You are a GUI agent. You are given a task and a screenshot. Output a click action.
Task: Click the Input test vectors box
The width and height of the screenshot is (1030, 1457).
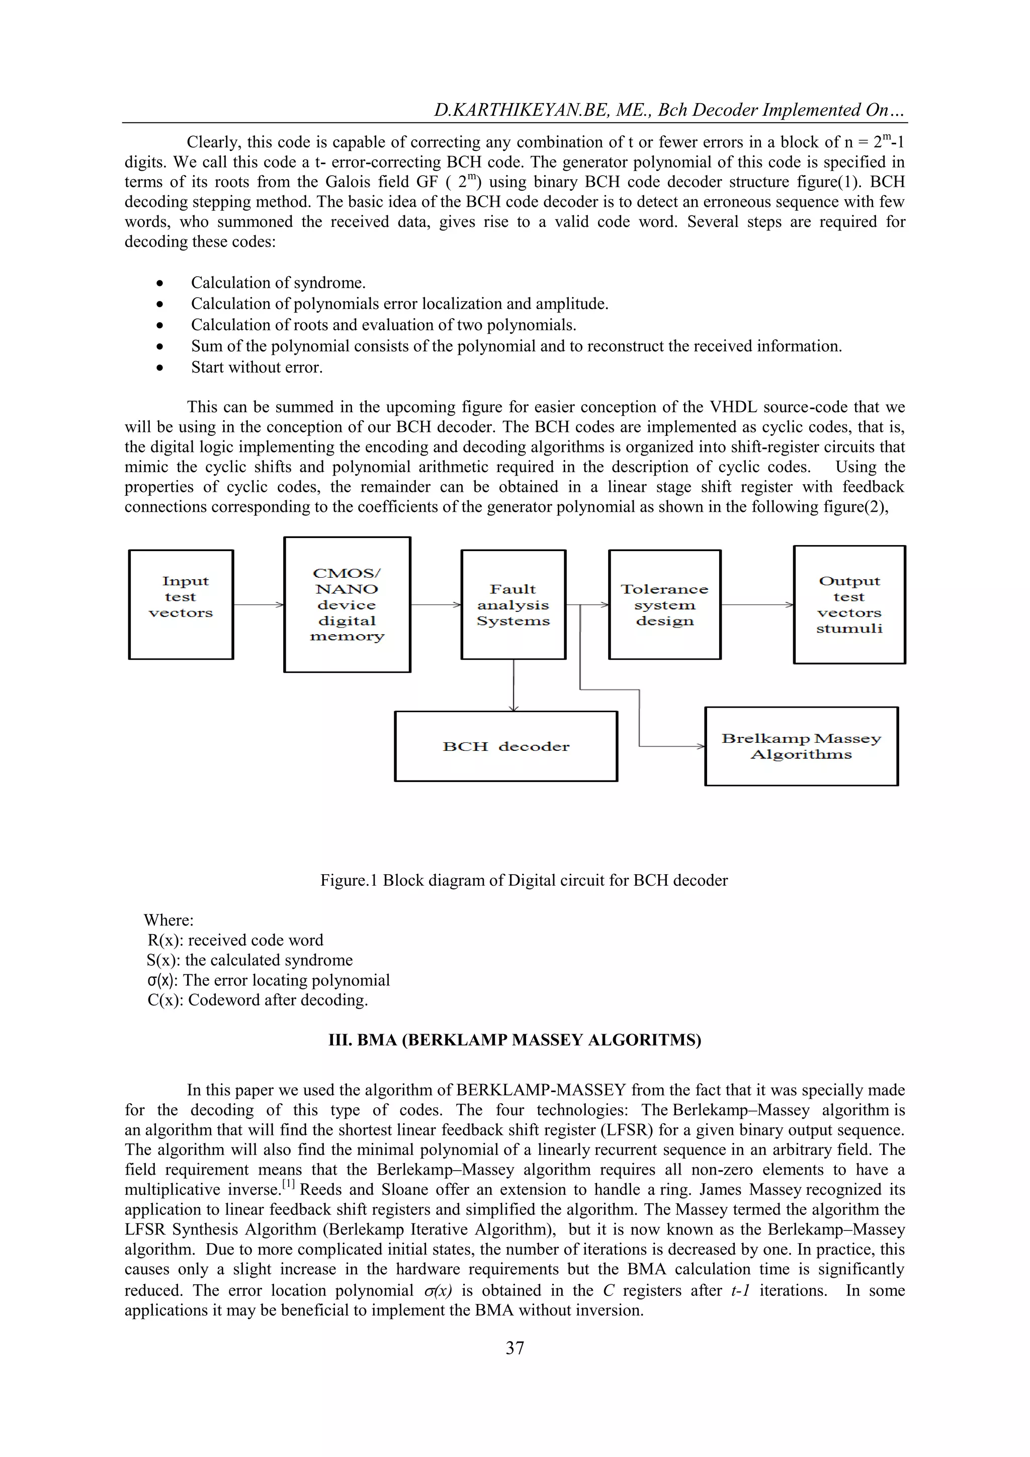(181, 604)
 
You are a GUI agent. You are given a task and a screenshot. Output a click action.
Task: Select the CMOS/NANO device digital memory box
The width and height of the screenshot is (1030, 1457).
(347, 604)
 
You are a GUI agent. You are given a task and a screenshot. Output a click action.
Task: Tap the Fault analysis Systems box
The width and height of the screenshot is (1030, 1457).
(513, 604)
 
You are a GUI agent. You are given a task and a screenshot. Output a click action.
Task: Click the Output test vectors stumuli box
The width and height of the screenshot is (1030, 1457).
(849, 604)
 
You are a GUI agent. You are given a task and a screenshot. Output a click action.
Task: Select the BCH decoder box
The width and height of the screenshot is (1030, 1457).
(505, 746)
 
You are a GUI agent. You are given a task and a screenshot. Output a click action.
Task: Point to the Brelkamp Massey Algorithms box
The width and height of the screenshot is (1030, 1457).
(801, 746)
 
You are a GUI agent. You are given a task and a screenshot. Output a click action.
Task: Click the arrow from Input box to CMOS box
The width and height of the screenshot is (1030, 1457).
(258, 605)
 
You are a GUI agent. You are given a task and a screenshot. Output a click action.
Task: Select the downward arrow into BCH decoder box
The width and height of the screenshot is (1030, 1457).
(513, 685)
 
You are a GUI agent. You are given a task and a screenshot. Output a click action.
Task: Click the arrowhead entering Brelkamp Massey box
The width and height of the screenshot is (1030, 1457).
(700, 746)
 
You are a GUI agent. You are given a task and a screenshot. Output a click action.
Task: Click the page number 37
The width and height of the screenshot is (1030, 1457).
(514, 1348)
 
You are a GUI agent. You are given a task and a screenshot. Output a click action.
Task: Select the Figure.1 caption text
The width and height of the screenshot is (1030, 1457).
(524, 880)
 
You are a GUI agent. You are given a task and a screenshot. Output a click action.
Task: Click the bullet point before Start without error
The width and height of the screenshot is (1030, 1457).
(160, 368)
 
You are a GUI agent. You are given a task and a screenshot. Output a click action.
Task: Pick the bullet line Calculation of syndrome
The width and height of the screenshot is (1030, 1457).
(279, 282)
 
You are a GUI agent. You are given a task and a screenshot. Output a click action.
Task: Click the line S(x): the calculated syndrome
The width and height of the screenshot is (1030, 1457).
(249, 960)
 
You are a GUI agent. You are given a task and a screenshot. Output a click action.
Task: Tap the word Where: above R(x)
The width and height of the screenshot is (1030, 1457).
(168, 920)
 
